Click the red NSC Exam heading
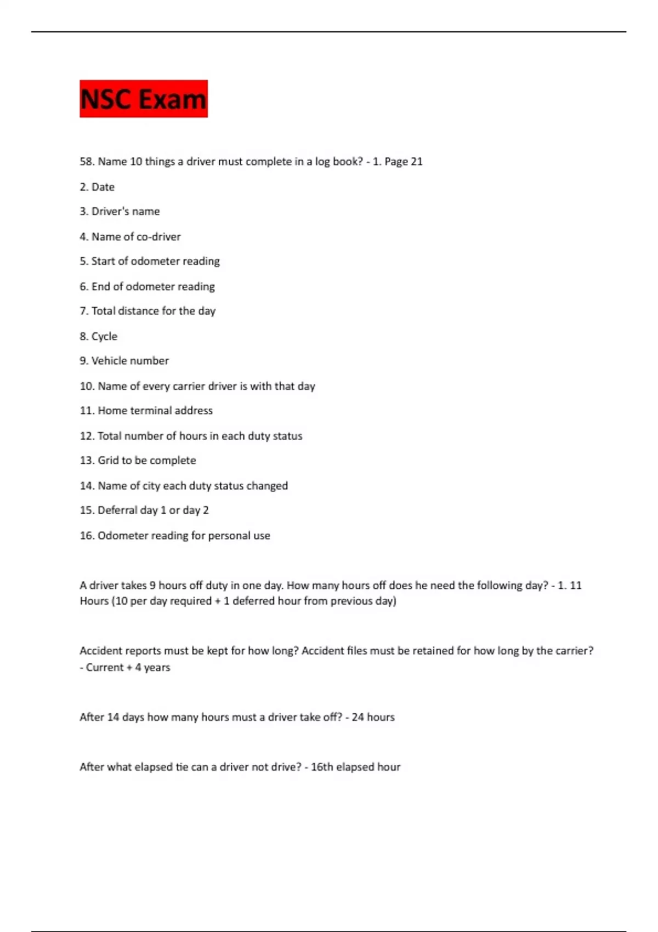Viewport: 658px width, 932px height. coord(143,99)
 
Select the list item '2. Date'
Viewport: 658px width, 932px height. coord(97,187)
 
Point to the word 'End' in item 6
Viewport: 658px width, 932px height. coord(101,286)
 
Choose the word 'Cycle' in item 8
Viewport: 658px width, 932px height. coord(104,336)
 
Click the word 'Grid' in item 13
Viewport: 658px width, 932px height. coord(108,461)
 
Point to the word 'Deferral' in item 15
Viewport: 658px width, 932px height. coord(117,510)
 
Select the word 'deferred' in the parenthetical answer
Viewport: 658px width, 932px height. coord(254,601)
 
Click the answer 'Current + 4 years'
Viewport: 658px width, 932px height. coord(128,668)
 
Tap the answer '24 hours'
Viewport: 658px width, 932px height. coord(373,717)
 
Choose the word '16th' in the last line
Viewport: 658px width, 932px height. coord(322,767)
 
